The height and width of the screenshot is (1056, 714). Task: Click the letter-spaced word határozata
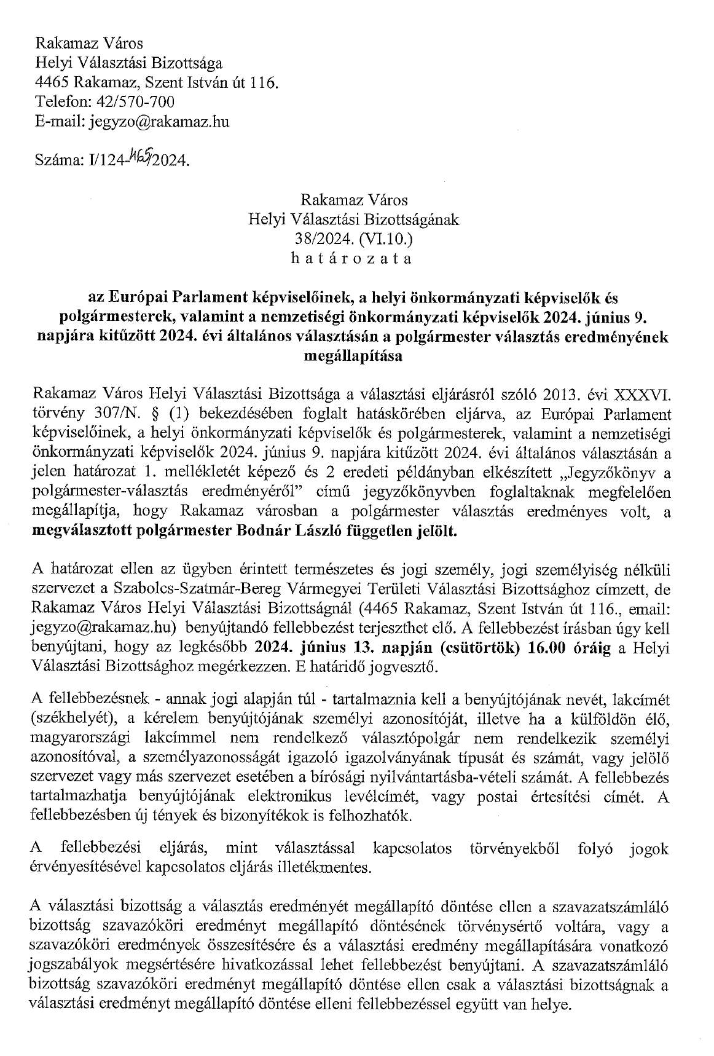pos(351,258)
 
